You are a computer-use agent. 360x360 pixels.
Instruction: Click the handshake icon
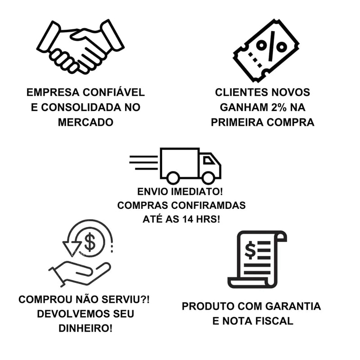80,47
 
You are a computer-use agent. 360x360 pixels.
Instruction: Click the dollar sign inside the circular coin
90,243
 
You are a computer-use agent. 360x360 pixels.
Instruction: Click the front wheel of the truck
208,177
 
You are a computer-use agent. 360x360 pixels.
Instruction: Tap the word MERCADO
85,122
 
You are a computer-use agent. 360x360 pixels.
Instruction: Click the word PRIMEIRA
242,122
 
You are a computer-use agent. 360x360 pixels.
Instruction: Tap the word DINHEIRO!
85,328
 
